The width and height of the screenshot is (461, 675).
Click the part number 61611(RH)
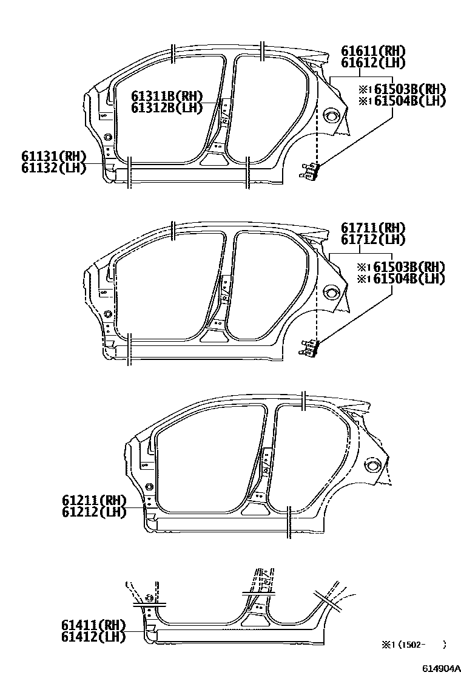pyautogui.click(x=372, y=52)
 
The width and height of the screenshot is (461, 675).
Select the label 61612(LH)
pyautogui.click(x=372, y=63)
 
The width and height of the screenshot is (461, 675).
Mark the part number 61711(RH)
pyautogui.click(x=372, y=228)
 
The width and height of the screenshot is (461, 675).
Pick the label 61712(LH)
pyautogui.click(x=372, y=240)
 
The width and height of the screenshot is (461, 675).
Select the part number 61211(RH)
pyautogui.click(x=93, y=501)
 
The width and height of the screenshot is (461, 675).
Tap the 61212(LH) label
pyautogui.click(x=93, y=512)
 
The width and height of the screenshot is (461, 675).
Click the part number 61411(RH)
pyautogui.click(x=93, y=625)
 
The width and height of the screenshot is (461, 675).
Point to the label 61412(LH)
pyautogui.click(x=93, y=636)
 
